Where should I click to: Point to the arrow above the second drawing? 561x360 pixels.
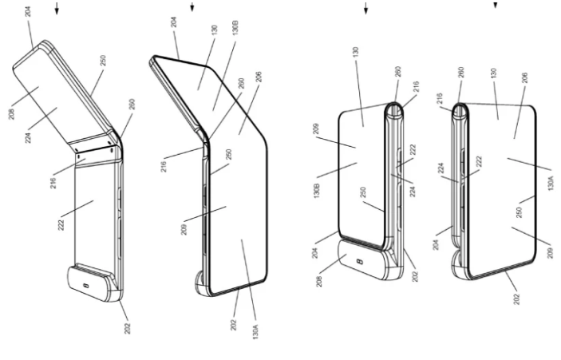coord(192,9)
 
